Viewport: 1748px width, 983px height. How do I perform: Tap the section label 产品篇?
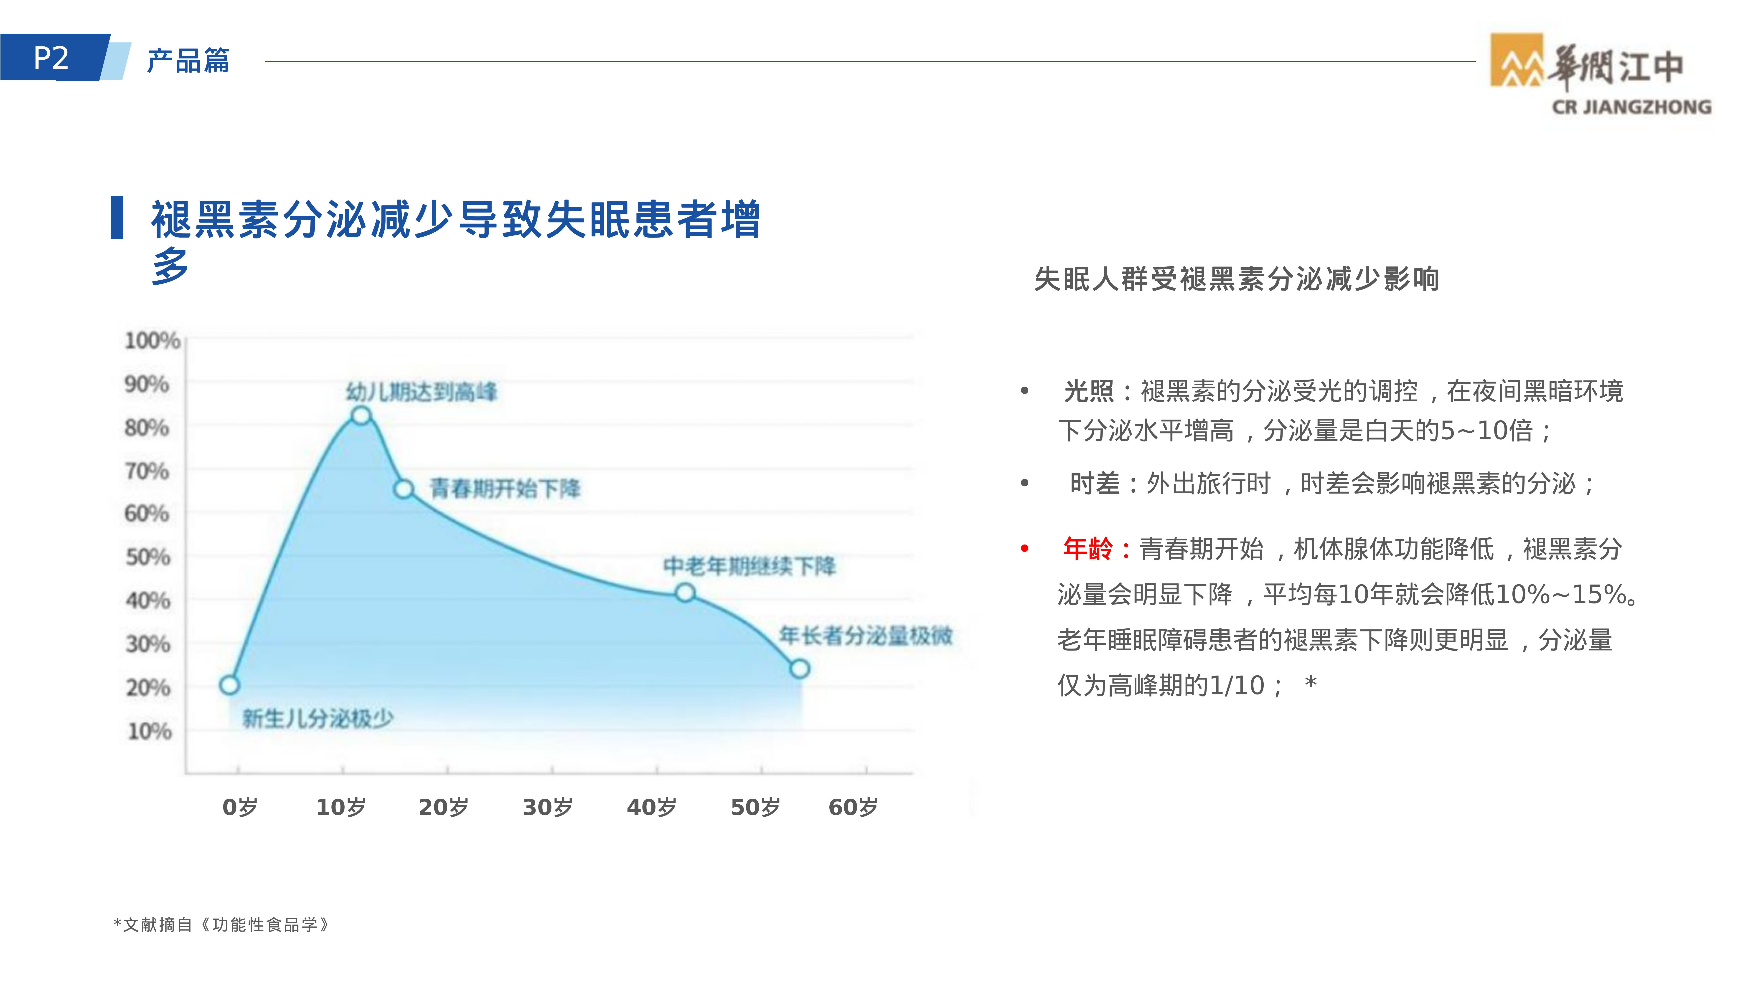coord(188,60)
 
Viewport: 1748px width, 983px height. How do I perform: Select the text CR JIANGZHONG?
coord(1631,107)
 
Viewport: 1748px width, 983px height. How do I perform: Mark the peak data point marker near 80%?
coord(361,415)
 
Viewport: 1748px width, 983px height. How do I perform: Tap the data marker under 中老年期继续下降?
coord(685,593)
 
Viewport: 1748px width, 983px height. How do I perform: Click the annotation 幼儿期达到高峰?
coord(421,391)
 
